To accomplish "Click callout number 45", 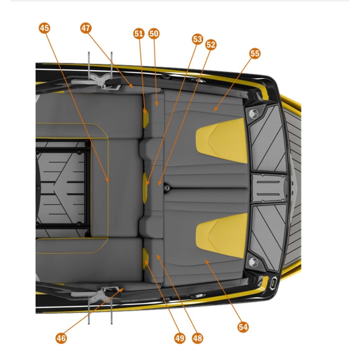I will (x=44, y=28).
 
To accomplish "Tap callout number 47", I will (x=86, y=28).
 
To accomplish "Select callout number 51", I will (x=139, y=34).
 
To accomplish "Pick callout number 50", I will (x=154, y=34).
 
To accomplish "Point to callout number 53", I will (x=197, y=39).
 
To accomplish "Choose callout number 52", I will (x=211, y=45).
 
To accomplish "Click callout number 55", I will (x=255, y=54).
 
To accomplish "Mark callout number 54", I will (x=243, y=327).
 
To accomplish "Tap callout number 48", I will (x=197, y=337).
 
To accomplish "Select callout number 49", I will (x=180, y=337).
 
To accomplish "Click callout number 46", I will (x=61, y=337).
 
